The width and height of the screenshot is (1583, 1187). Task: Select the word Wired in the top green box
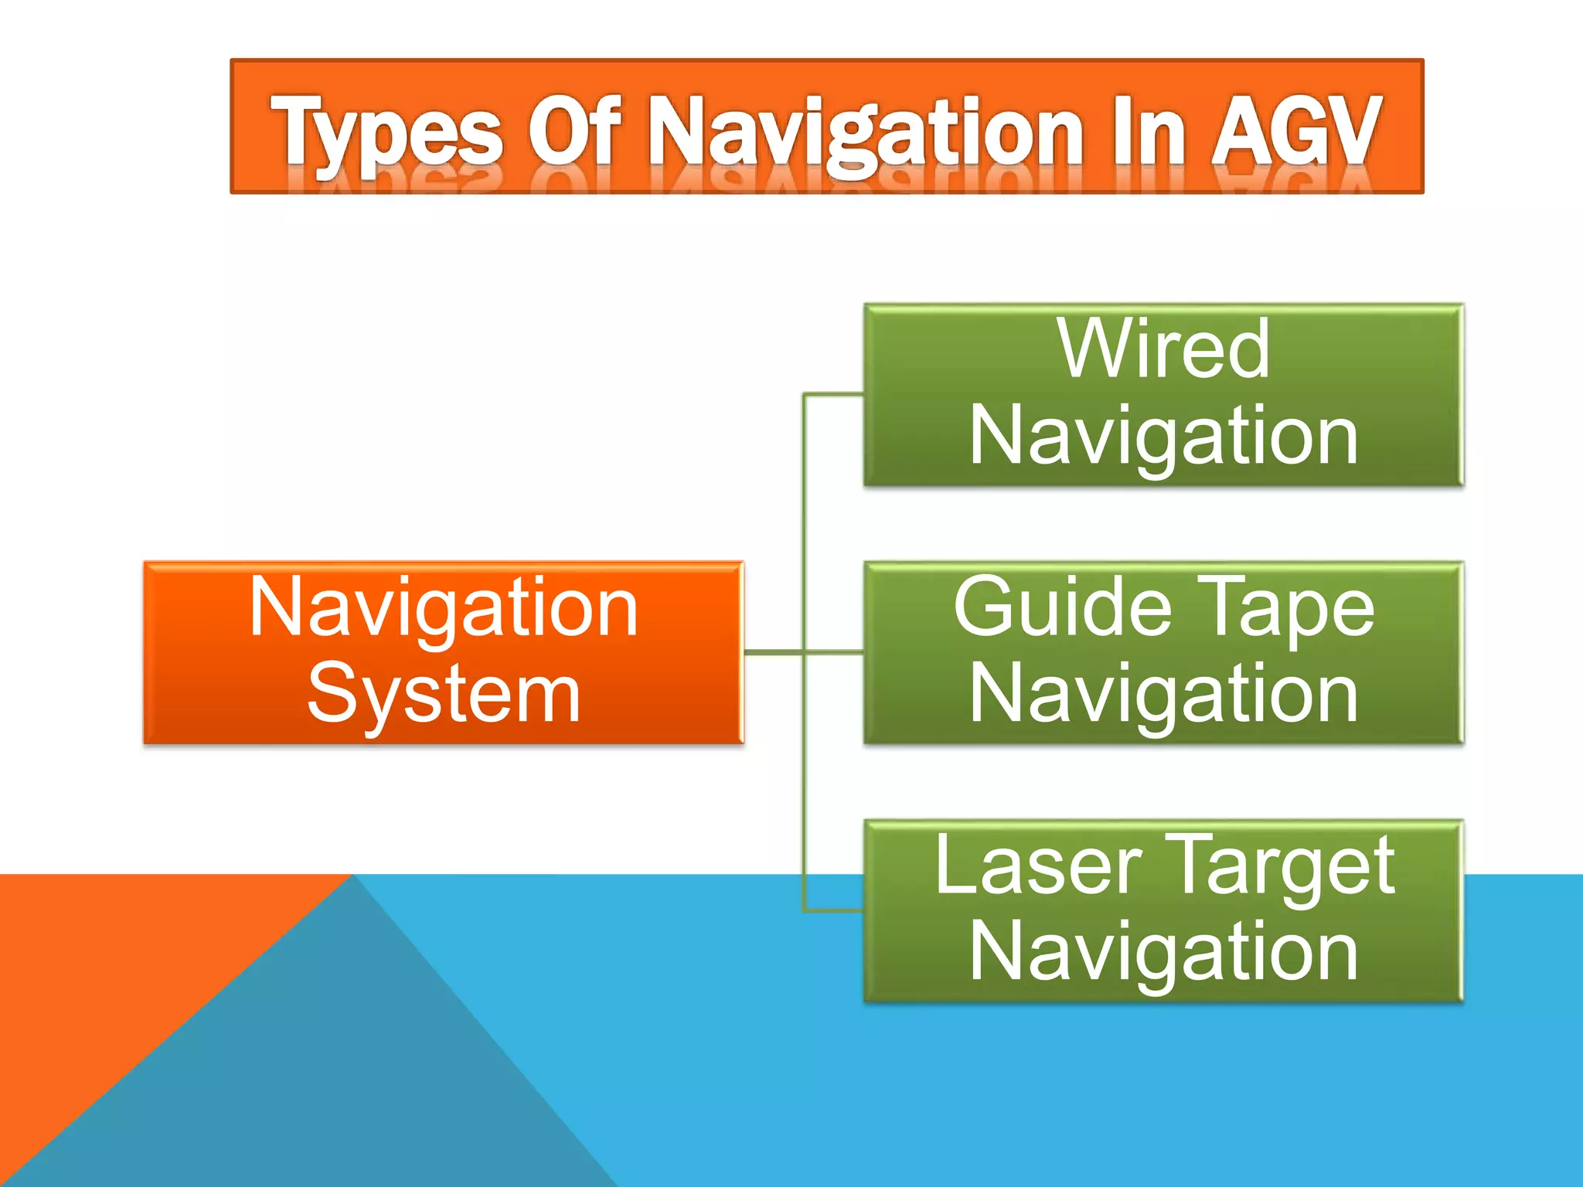pos(1163,349)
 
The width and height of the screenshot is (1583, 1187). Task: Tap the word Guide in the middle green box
pos(1063,609)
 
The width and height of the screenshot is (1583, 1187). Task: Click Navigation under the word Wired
pos(1163,437)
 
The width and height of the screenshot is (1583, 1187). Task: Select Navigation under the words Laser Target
pos(1163,953)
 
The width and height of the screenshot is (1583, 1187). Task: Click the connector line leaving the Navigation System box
pos(773,653)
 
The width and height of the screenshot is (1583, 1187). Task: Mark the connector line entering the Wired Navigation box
pos(835,395)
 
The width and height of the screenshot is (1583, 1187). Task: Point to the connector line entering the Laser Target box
pos(835,911)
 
